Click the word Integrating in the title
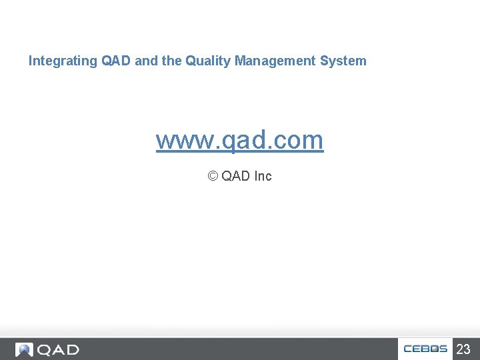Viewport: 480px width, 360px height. point(63,61)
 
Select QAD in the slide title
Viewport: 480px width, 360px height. point(117,61)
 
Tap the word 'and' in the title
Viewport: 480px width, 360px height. point(146,61)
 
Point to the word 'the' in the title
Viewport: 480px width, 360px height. point(171,61)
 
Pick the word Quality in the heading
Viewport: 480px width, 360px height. point(207,61)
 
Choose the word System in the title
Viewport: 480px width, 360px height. point(343,61)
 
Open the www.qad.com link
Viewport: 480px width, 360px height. point(239,140)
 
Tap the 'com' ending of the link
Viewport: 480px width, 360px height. point(299,140)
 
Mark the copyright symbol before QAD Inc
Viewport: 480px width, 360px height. point(213,176)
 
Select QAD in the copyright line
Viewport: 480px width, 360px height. point(236,176)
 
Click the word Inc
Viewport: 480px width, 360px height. point(263,176)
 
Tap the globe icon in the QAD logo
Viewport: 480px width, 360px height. point(25,349)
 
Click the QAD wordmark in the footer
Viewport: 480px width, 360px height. point(58,349)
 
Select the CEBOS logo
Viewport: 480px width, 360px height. point(425,349)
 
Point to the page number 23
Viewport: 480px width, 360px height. point(463,349)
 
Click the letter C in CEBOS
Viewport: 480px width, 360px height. point(408,349)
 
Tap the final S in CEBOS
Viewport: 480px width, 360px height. point(443,349)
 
